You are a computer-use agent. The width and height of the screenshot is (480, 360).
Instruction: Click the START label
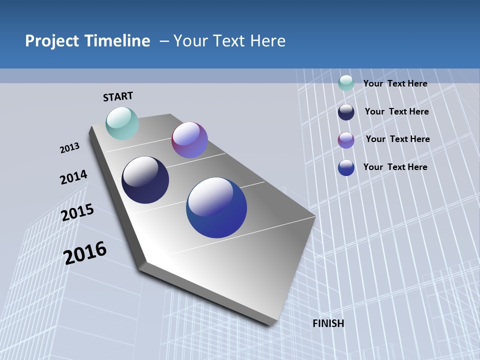pos(118,96)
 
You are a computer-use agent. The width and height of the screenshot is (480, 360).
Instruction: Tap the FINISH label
pos(328,323)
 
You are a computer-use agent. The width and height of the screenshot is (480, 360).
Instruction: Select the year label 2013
pos(69,148)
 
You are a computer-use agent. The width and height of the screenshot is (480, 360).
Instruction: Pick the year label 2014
pos(73,177)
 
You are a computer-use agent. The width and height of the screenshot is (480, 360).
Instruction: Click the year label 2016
pos(85,252)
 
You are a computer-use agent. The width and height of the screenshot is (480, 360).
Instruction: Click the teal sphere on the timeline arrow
pos(122,123)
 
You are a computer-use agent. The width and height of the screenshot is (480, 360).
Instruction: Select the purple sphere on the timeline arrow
pos(189,140)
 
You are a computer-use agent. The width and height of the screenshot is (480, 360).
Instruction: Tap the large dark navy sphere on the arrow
pos(145,180)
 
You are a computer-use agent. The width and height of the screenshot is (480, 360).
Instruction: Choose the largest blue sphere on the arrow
pos(216,207)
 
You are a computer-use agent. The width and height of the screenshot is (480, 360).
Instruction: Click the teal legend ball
pos(346,83)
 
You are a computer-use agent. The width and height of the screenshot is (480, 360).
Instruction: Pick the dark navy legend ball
pos(346,112)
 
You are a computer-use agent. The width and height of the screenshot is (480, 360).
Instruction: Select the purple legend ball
pos(346,140)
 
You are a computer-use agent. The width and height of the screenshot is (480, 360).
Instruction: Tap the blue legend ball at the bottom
pos(346,167)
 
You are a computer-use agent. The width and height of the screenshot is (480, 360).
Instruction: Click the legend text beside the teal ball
pos(395,83)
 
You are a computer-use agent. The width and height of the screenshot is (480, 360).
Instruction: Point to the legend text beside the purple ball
pos(397,139)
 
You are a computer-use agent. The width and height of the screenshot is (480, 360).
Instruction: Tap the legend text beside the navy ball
pos(396,111)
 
